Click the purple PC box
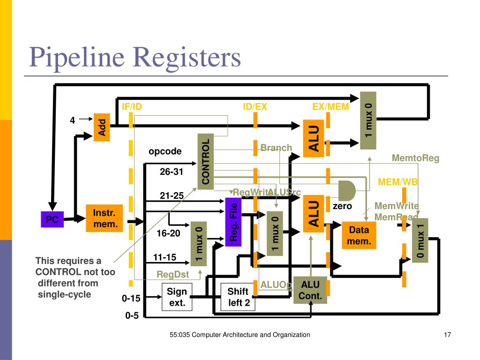(52, 219)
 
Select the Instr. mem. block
(104, 218)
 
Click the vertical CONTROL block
(205, 162)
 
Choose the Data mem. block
(359, 235)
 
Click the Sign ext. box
(177, 297)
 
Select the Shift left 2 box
(238, 297)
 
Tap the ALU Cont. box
(310, 290)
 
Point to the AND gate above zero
(346, 190)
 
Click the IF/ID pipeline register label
(132, 107)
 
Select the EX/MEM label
(330, 107)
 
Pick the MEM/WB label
(398, 182)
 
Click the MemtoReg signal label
(415, 158)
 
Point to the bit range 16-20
(168, 233)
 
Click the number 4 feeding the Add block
(73, 120)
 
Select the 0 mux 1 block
(420, 240)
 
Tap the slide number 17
(447, 335)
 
